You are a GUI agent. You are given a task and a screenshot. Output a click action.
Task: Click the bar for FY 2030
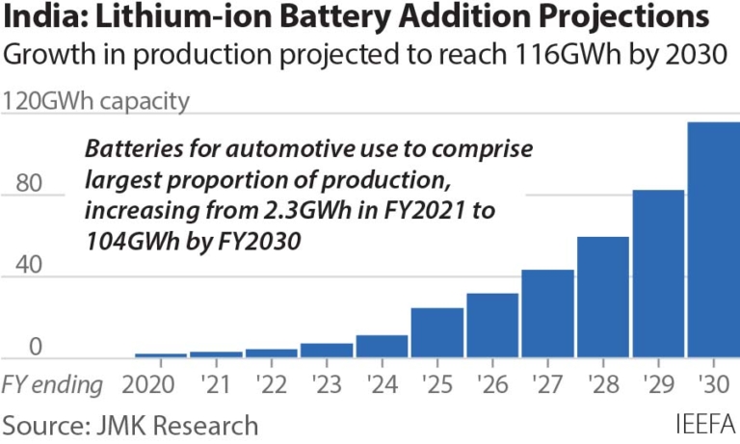(x=713, y=240)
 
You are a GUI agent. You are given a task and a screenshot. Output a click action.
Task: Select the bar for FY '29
(x=658, y=274)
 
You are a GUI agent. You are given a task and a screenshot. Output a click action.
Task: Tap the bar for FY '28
(x=603, y=298)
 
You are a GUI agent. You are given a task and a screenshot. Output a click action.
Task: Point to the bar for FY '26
(x=492, y=326)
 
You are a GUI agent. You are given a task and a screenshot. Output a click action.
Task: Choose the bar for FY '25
(x=436, y=333)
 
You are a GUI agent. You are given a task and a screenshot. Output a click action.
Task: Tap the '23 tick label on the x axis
(x=327, y=385)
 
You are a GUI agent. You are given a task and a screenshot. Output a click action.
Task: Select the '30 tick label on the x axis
(x=713, y=385)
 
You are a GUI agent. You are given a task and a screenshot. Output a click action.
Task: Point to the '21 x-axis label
(x=216, y=385)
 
